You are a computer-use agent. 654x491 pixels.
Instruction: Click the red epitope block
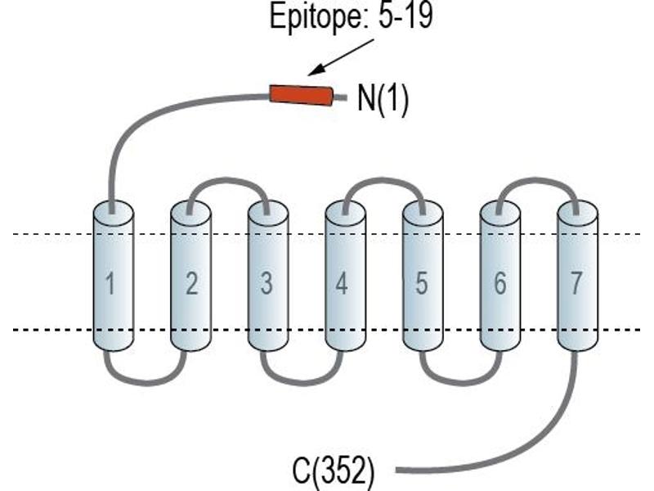tap(301, 95)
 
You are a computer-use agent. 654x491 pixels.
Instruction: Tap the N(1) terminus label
tap(383, 99)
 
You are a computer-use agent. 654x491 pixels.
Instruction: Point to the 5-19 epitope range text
tap(405, 16)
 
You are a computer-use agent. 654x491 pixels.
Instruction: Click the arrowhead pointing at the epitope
tap(316, 70)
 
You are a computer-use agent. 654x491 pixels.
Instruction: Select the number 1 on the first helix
tap(110, 283)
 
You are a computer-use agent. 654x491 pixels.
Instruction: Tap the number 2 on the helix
tap(191, 283)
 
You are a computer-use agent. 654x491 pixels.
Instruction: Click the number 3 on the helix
tap(267, 283)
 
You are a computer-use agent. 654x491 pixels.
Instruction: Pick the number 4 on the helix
tap(342, 283)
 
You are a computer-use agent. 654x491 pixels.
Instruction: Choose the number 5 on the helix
tap(422, 283)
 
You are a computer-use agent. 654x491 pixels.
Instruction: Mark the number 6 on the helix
tap(500, 283)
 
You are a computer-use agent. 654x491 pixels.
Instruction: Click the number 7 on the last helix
tap(576, 283)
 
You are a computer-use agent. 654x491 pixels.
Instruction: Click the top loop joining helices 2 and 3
tap(229, 180)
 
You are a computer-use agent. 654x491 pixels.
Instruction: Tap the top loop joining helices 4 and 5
tap(383, 180)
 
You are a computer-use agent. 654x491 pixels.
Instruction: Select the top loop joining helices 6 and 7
tap(538, 180)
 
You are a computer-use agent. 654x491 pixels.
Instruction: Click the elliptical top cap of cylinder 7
tap(578, 214)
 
